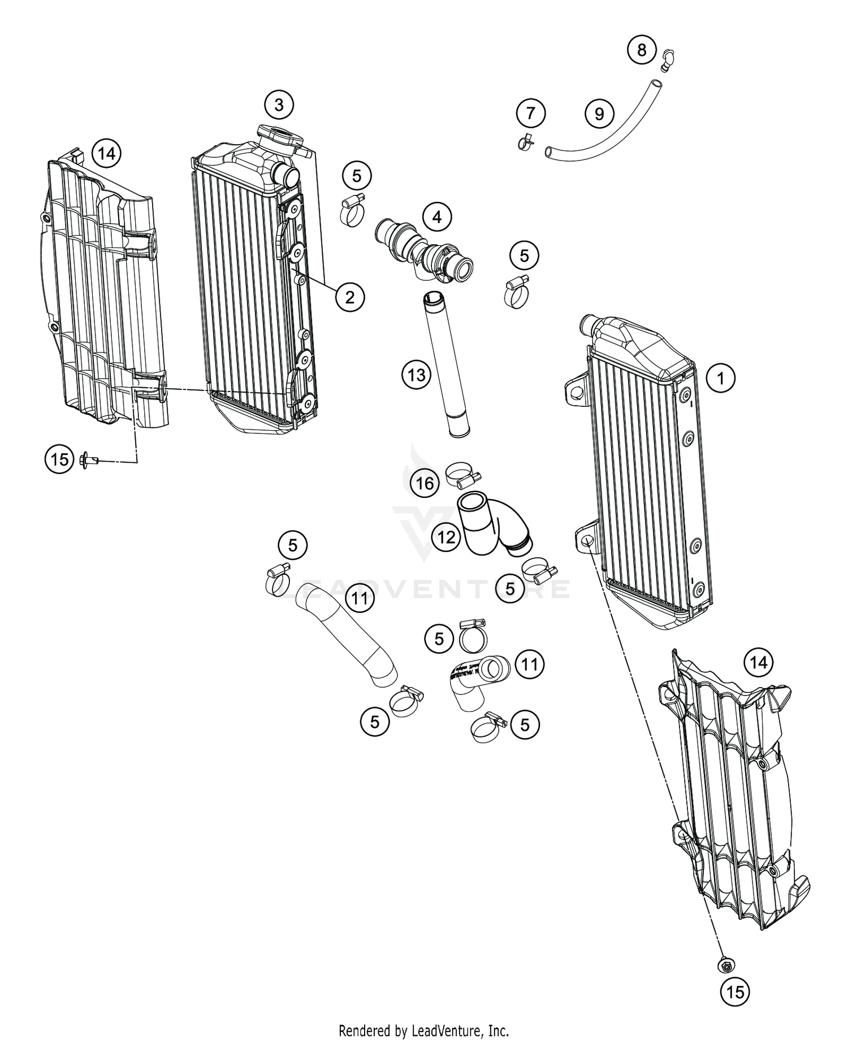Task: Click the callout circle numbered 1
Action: (721, 377)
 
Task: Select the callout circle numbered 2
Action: (349, 297)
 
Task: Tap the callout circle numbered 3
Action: (279, 105)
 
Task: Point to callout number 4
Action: (436, 216)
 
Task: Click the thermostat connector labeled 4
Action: (424, 251)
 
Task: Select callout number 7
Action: (530, 114)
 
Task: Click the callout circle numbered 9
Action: (599, 114)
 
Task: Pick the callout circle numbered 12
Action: (446, 537)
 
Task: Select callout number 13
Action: (417, 375)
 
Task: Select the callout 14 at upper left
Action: (106, 153)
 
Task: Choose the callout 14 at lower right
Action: (758, 662)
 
